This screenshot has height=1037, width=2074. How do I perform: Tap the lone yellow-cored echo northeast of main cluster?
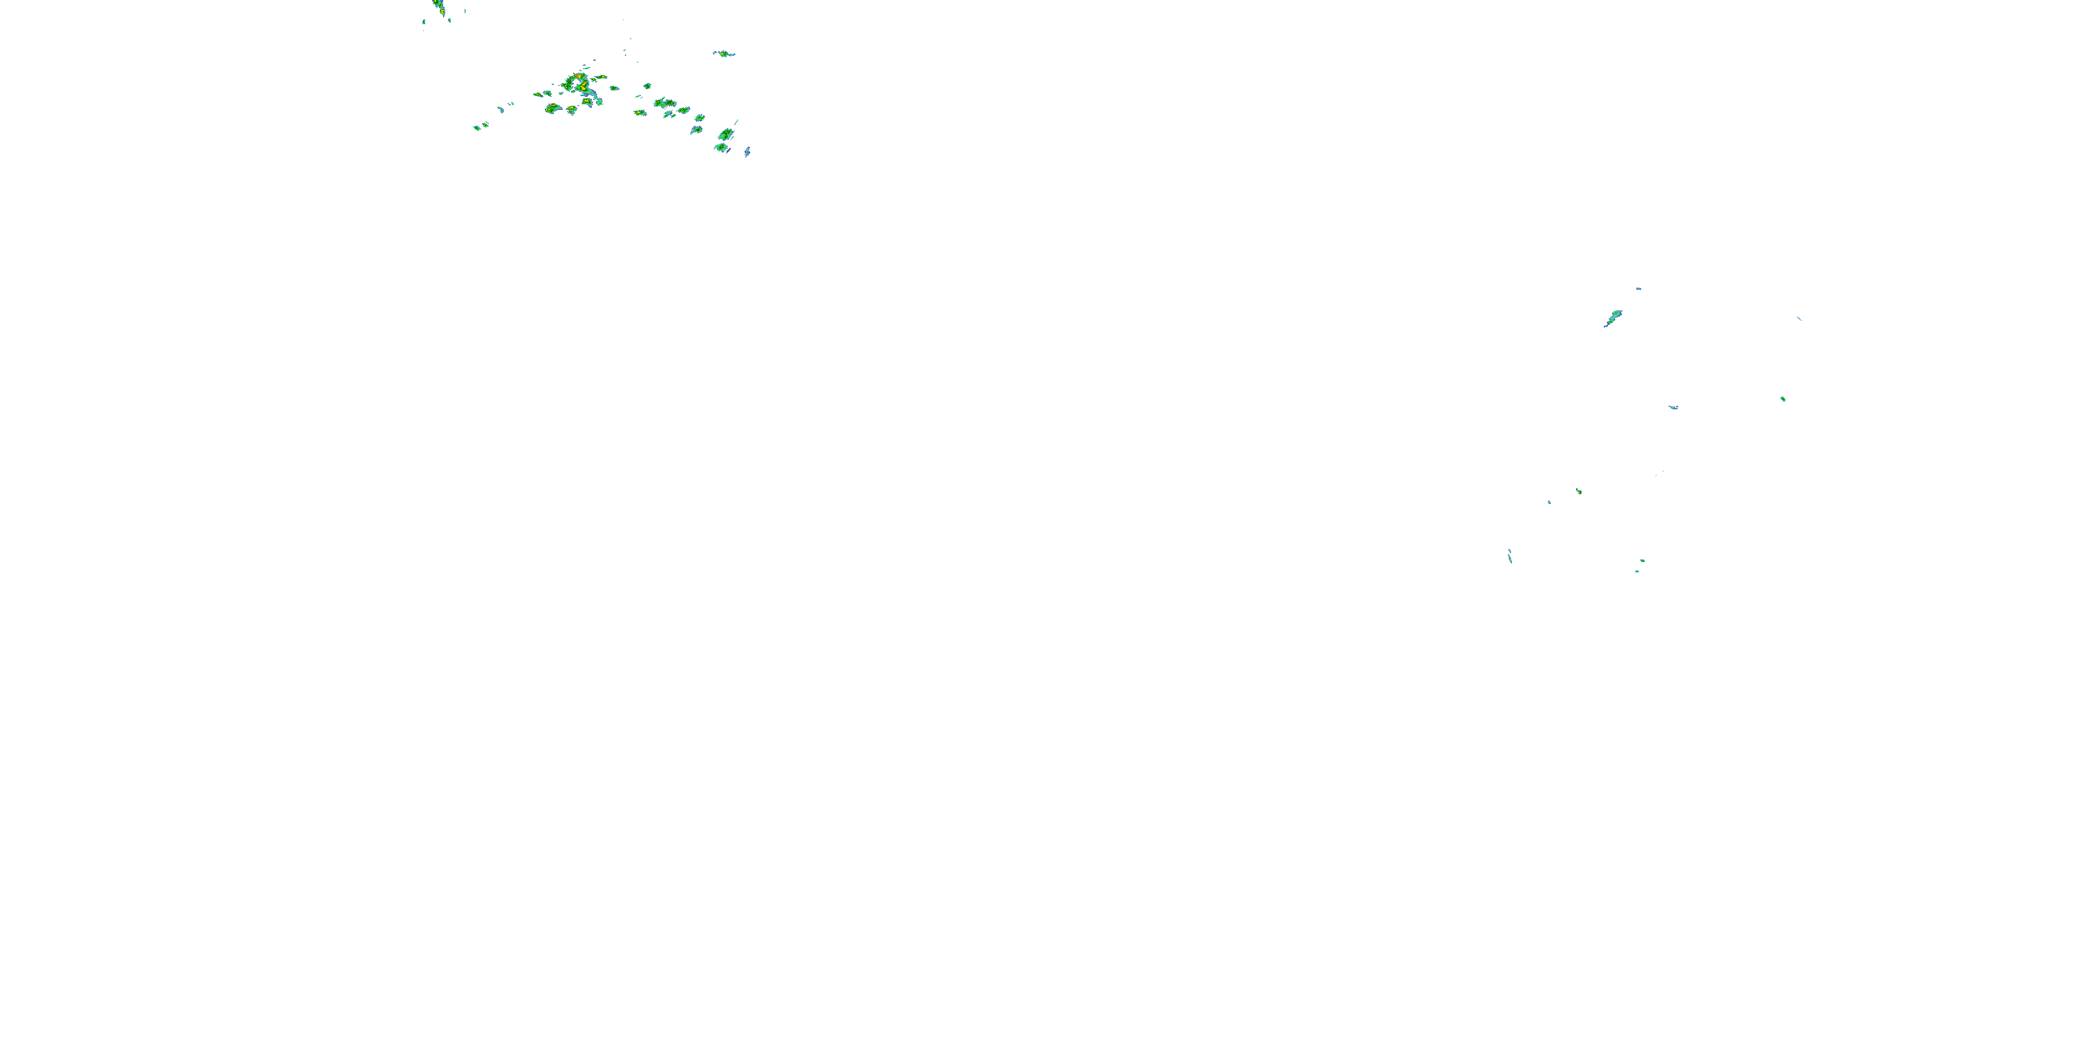coord(724,54)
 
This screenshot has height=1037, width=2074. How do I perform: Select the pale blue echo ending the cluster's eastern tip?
coord(747,151)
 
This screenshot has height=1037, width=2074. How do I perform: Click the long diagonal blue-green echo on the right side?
coord(1613,318)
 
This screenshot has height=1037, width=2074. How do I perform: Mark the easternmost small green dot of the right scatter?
coord(1782,398)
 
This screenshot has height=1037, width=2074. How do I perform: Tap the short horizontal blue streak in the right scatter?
coord(1673,407)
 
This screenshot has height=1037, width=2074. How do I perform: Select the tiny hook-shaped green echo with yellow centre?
coord(1579,491)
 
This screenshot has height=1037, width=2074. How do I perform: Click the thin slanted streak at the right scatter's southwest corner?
coord(1510,556)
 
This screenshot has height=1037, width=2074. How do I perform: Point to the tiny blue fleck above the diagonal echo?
coord(1638,288)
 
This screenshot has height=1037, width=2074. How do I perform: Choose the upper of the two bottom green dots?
coord(1643,561)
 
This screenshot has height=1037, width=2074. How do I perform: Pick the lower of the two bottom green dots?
coord(1637,571)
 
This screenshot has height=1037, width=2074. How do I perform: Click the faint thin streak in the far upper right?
coord(1799,318)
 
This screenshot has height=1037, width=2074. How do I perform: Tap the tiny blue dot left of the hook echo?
coord(1549,503)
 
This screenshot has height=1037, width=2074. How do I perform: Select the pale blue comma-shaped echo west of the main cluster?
coord(500,109)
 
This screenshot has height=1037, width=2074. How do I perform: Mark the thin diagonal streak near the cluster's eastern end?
coord(735,122)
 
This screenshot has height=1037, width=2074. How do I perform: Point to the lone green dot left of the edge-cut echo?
coord(424,21)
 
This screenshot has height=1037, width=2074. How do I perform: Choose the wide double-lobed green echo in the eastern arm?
coord(665,103)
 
